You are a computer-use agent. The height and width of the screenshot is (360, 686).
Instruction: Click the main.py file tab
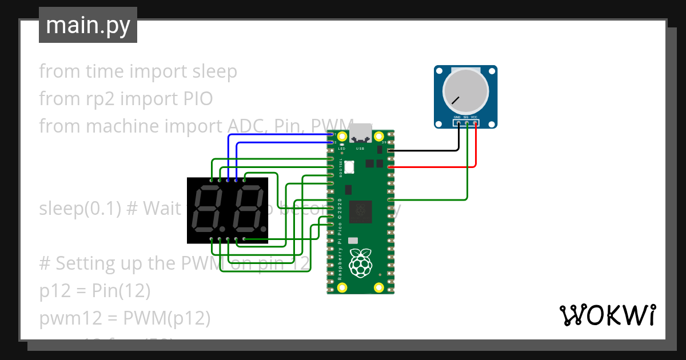click(88, 26)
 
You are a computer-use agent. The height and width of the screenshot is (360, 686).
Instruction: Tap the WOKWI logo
click(607, 315)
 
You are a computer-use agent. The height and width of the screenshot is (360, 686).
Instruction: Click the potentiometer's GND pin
click(458, 122)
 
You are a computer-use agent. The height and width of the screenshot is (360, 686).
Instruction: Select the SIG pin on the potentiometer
click(467, 122)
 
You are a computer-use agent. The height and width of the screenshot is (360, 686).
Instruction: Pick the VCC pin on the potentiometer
click(475, 122)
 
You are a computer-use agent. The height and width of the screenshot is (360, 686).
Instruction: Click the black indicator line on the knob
click(455, 101)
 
